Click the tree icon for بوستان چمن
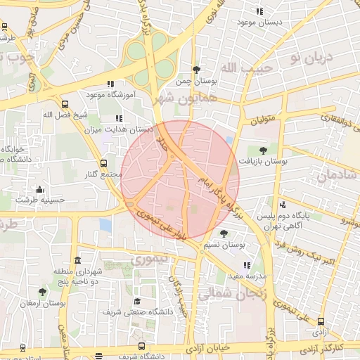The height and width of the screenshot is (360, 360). [195, 70]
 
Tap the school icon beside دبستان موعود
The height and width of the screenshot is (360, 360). [259, 11]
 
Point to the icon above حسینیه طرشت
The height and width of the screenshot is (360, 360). [39, 189]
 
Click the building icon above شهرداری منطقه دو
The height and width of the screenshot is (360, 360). [77, 261]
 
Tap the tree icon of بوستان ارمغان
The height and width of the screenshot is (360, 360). [43, 291]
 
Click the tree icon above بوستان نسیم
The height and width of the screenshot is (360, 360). [224, 233]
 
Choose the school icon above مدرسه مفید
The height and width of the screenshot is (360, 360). [246, 266]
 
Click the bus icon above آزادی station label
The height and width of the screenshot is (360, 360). [321, 321]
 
